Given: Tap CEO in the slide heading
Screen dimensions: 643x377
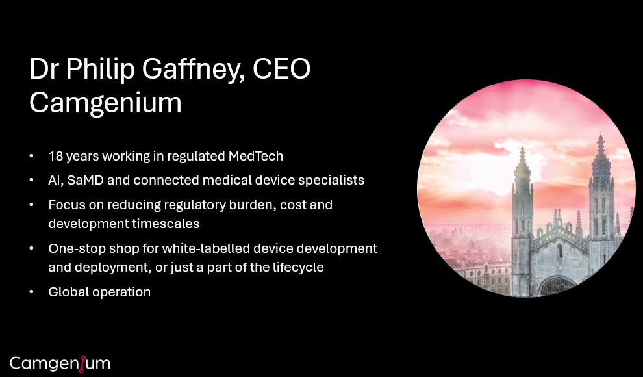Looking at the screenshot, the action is point(282,68).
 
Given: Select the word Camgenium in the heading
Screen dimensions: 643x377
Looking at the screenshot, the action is point(105,103).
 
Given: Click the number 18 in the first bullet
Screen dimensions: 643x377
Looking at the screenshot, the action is point(55,156).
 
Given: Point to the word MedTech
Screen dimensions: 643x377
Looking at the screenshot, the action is point(256,156).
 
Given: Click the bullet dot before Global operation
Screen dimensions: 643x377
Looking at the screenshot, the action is point(32,292).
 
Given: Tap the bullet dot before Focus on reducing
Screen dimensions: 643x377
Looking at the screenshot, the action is point(32,205).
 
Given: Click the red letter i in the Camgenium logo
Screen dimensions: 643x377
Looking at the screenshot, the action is point(82,363).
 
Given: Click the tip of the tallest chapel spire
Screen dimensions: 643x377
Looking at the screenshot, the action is point(600,134).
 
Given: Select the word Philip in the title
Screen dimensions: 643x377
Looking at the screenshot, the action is point(100,70).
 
